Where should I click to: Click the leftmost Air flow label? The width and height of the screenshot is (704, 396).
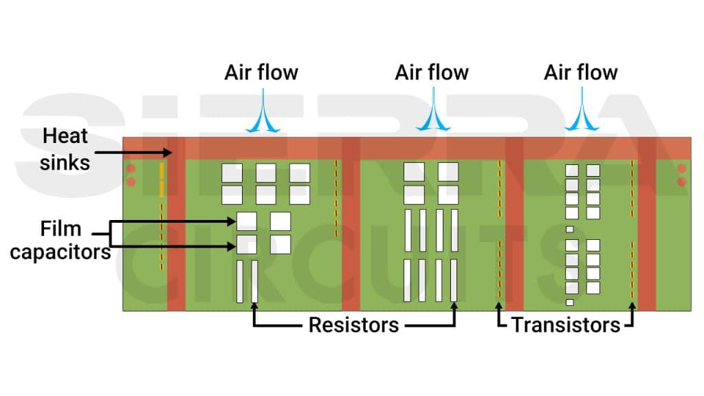[x=261, y=73]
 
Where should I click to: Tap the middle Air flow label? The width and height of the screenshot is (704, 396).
[x=432, y=73]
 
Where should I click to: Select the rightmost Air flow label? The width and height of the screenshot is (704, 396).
[x=581, y=73]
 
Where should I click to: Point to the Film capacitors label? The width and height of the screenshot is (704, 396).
[x=60, y=240]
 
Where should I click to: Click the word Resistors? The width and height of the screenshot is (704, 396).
[x=353, y=324]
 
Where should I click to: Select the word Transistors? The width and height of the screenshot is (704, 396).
[x=566, y=324]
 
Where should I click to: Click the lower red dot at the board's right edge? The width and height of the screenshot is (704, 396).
[x=681, y=182]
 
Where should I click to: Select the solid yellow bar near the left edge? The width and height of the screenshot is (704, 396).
[x=162, y=179]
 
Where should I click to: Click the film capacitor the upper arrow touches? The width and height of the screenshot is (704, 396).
[x=246, y=221]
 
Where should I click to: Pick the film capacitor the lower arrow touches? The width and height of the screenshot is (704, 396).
[x=246, y=244]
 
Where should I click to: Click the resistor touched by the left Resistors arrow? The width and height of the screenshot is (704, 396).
[x=255, y=281]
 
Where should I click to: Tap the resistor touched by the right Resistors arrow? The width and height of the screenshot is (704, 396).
[x=454, y=280]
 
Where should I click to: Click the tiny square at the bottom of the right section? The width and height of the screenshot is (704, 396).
[x=569, y=302]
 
